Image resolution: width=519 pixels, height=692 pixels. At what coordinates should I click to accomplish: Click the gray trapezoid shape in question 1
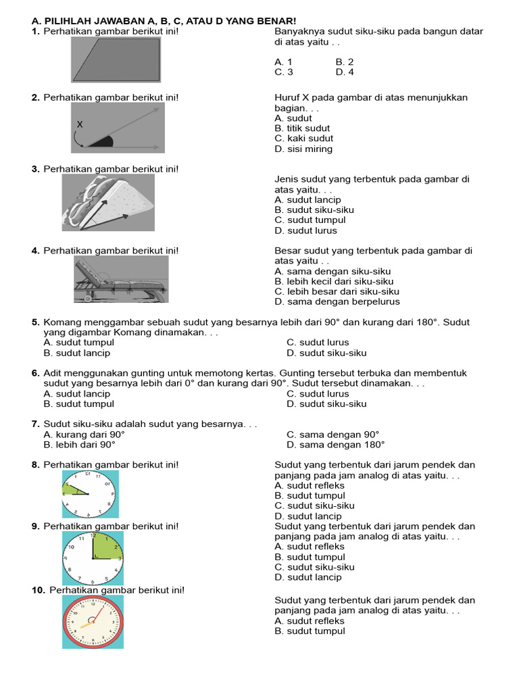(x=118, y=59)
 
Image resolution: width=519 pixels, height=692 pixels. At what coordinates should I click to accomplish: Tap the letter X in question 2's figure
(x=80, y=124)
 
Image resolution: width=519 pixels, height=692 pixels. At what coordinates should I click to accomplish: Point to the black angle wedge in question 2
(x=100, y=141)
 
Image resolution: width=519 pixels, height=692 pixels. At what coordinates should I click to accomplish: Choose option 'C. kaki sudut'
(x=303, y=139)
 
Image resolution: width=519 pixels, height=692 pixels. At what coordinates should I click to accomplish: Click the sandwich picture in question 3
(x=108, y=202)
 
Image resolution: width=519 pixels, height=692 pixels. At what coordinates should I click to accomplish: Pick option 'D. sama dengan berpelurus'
(x=337, y=302)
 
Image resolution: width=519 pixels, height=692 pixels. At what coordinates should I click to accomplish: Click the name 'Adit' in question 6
(x=54, y=373)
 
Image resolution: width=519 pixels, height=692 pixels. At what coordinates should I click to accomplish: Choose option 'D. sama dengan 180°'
(x=335, y=445)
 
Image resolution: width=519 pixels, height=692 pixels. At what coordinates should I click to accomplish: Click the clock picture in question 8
(x=91, y=494)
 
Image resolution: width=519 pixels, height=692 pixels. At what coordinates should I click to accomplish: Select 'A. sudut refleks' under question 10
(x=310, y=621)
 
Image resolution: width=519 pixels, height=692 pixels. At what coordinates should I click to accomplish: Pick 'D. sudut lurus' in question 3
(x=305, y=230)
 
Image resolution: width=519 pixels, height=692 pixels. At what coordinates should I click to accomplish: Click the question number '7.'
(x=36, y=424)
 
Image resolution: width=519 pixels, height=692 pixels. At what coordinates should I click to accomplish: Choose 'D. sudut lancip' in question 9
(x=308, y=578)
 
